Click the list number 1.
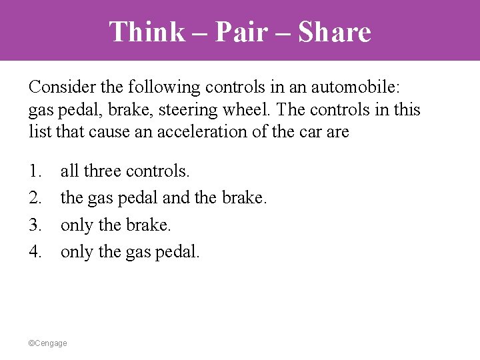click(x=35, y=171)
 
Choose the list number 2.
click(x=35, y=198)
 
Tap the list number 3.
click(x=35, y=225)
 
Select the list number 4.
click(x=35, y=251)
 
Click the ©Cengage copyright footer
click(x=47, y=343)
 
